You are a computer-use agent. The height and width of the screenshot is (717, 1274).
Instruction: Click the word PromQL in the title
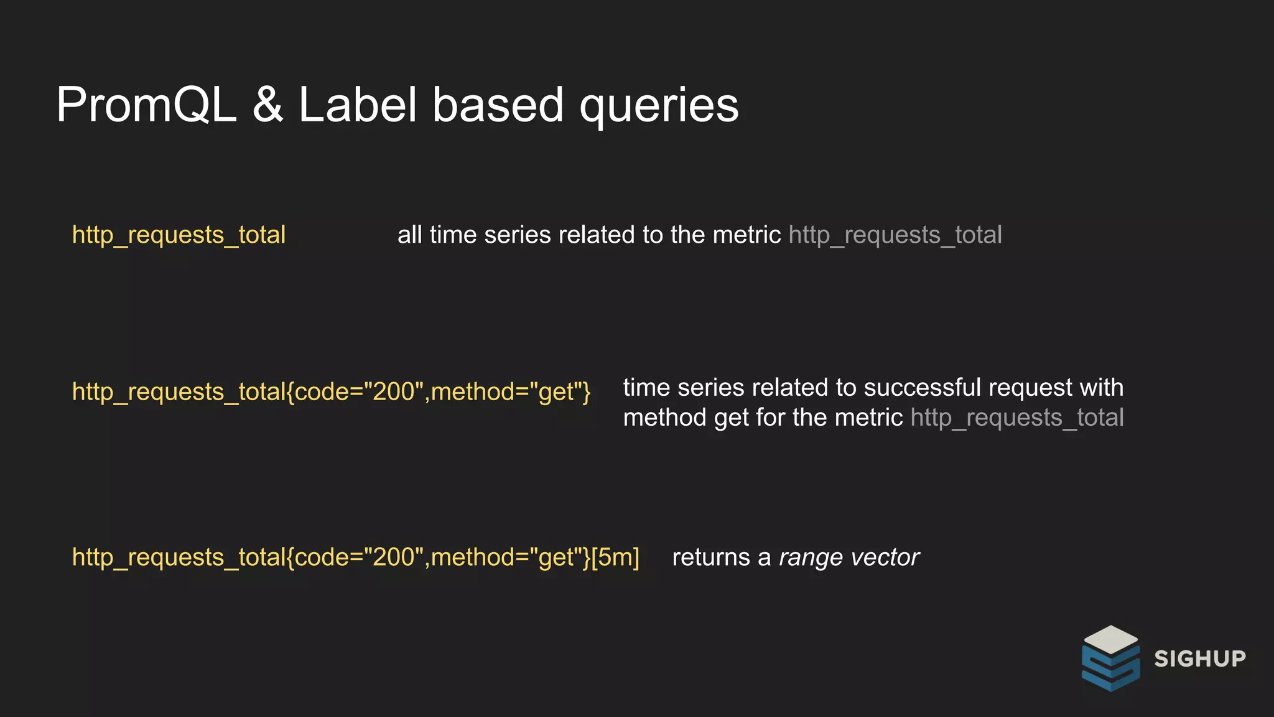pos(146,105)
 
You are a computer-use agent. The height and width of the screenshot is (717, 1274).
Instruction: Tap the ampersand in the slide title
pos(267,105)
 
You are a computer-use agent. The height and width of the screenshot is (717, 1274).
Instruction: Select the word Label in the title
pos(358,105)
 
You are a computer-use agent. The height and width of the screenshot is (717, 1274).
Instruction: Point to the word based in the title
pos(498,105)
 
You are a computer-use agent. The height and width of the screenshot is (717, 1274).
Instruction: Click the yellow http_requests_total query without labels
pos(179,235)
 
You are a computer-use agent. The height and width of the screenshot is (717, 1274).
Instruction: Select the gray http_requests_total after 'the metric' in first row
pos(895,235)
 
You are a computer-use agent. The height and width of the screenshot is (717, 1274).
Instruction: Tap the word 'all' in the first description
pos(410,235)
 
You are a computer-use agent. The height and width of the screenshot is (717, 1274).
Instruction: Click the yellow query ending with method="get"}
pos(331,392)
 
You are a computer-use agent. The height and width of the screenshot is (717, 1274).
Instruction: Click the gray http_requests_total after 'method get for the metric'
pos(1017,418)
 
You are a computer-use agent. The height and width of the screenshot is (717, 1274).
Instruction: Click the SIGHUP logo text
pos(1200,658)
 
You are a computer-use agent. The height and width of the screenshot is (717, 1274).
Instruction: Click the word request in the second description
pos(1030,388)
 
